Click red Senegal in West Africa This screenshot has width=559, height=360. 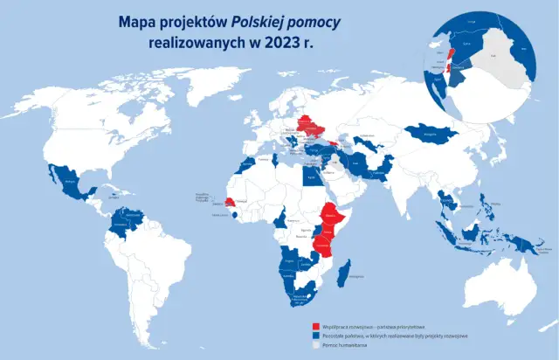point(230,202)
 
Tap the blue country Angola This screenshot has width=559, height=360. point(289,261)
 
